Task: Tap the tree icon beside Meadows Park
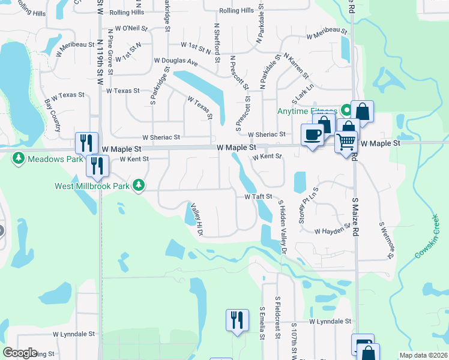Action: tap(19, 158)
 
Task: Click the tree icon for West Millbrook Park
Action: tap(139, 185)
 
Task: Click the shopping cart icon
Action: tap(346, 143)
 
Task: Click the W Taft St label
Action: tap(259, 196)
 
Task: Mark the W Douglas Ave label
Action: tap(176, 61)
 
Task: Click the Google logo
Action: tap(20, 353)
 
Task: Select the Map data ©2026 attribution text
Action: tap(423, 355)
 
